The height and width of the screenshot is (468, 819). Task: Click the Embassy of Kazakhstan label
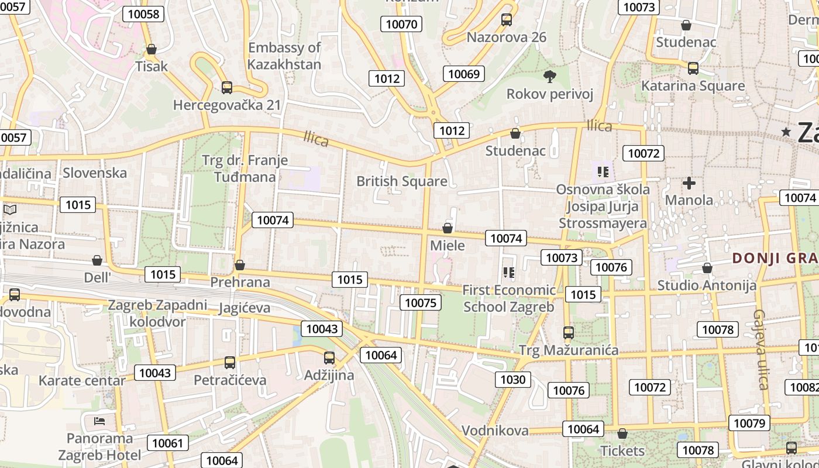coord(284,56)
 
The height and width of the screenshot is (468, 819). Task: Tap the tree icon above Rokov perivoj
coord(549,76)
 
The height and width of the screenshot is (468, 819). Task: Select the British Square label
coord(402,181)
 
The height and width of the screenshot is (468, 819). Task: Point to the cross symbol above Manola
coord(689,183)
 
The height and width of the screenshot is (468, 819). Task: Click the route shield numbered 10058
coord(143,14)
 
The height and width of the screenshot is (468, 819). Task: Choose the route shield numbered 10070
coord(402,24)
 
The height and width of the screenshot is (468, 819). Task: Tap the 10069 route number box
coord(464,74)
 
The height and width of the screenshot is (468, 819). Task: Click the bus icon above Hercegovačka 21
coord(227,88)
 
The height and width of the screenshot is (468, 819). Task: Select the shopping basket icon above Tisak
coord(152,49)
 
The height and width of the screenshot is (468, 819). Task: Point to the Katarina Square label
coord(693,86)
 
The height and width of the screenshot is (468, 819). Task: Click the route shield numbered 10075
coord(421,302)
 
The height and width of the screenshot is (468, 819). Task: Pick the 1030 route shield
coord(513,380)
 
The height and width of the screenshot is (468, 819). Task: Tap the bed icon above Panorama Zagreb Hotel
coord(99,421)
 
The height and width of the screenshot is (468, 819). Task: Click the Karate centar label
coord(82,381)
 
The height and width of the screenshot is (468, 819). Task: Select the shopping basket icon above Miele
coord(448,228)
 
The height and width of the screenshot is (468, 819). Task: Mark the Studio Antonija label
coord(707,285)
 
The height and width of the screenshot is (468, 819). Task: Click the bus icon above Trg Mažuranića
coord(568,333)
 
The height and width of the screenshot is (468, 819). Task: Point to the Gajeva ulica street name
coord(760,349)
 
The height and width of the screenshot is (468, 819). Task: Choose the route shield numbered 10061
coord(167,443)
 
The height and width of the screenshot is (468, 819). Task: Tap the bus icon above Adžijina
coord(329,358)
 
